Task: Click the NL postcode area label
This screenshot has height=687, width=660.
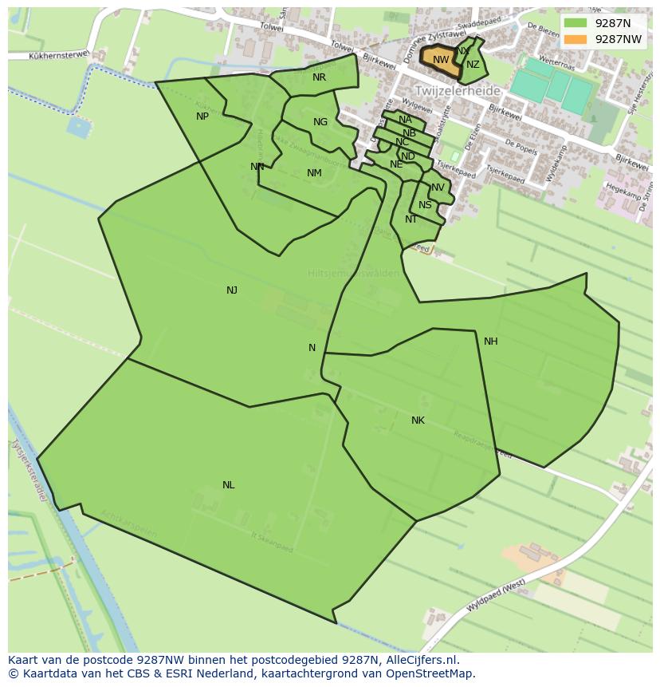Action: (229, 485)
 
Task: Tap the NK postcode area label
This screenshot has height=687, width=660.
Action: (418, 420)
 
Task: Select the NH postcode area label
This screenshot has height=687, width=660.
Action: (490, 342)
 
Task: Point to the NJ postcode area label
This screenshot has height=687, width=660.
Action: (232, 290)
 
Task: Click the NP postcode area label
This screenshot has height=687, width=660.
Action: (202, 116)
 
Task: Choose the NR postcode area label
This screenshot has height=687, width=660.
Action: (319, 77)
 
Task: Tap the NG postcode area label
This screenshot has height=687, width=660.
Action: (320, 122)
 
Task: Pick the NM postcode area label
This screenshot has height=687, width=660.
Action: (314, 173)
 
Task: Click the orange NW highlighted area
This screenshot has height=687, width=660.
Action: (441, 61)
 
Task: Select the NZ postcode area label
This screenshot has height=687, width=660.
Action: (473, 65)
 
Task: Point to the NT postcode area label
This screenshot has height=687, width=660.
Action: (411, 219)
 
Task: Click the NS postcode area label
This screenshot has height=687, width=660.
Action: (425, 205)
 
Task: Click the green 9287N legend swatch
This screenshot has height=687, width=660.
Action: (575, 23)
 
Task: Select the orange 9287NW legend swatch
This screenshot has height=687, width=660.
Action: (575, 39)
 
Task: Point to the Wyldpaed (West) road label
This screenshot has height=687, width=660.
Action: (495, 594)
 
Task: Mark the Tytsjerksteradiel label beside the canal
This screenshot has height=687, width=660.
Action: (28, 470)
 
